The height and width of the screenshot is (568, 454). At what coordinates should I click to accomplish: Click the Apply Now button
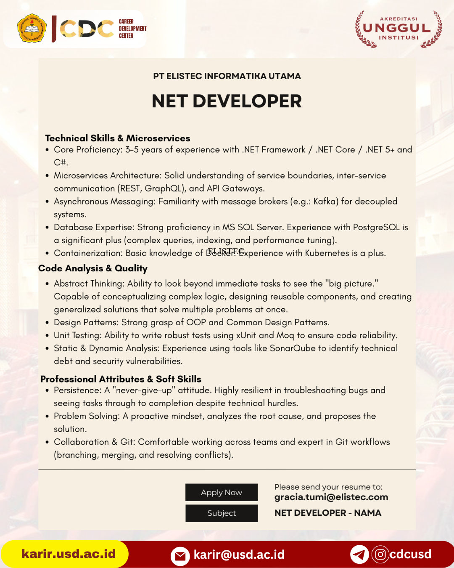click(222, 492)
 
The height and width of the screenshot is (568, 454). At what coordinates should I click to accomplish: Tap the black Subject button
click(222, 513)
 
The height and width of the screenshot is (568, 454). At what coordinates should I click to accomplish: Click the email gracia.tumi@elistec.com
click(331, 497)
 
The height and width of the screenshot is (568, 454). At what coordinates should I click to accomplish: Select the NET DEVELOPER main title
click(227, 101)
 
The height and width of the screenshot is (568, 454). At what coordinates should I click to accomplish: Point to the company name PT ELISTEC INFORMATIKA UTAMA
click(227, 76)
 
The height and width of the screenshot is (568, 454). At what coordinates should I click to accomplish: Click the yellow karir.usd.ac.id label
click(68, 554)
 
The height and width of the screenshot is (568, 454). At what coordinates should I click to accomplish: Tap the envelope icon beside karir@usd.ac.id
click(180, 556)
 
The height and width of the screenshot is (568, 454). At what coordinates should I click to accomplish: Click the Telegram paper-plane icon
click(359, 555)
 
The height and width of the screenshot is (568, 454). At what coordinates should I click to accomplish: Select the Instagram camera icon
click(380, 554)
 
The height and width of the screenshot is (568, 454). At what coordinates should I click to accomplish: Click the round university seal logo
click(32, 29)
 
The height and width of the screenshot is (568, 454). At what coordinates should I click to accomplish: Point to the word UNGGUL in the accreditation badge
click(397, 28)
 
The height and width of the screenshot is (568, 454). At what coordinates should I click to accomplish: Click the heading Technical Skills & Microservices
click(118, 138)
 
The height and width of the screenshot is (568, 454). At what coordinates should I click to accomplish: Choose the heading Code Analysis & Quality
click(93, 268)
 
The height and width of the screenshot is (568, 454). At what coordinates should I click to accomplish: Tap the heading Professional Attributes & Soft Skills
click(121, 379)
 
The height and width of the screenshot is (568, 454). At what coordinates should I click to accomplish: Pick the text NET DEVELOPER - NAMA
click(328, 513)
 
